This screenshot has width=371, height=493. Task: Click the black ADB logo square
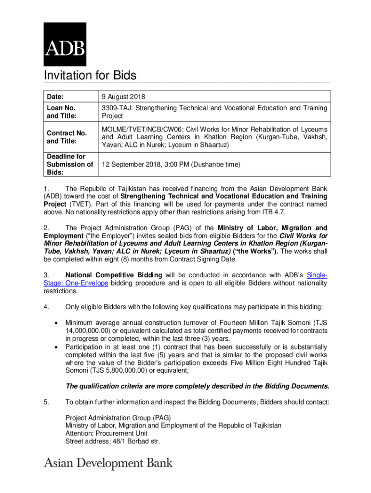(x=65, y=44)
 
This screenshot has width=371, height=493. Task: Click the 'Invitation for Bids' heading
(x=90, y=76)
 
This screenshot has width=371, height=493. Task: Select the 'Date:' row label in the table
(x=55, y=97)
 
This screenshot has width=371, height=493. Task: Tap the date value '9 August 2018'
(x=123, y=97)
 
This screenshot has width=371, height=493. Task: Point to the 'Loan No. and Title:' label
(x=61, y=112)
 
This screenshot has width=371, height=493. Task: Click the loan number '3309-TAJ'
(x=116, y=108)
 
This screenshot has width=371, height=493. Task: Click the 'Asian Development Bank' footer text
(x=108, y=464)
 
